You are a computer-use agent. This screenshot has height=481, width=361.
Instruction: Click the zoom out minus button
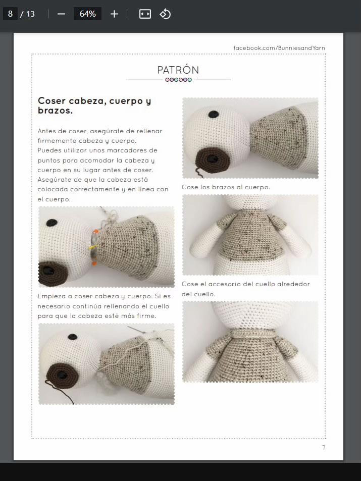click(x=62, y=14)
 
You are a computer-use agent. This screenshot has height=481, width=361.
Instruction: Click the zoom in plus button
click(x=114, y=14)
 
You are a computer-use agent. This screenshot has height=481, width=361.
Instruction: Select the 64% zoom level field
click(x=87, y=14)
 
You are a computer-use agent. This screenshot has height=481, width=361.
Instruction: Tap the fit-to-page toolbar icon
click(x=145, y=14)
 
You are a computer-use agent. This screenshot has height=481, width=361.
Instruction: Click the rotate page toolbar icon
click(x=165, y=14)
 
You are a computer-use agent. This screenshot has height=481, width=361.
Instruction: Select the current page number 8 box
click(x=10, y=14)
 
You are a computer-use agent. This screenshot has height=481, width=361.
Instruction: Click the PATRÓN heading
click(x=178, y=70)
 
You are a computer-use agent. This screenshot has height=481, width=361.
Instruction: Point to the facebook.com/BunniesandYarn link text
click(x=279, y=48)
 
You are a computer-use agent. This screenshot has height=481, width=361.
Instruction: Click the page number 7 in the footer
click(x=324, y=448)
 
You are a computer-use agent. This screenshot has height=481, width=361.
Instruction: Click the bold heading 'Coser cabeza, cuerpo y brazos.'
click(x=94, y=105)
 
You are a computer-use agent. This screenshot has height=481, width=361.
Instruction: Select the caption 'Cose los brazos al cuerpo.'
click(x=226, y=187)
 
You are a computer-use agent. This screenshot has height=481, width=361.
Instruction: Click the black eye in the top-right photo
click(x=214, y=115)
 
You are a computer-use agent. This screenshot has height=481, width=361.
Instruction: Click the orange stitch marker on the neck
click(x=95, y=231)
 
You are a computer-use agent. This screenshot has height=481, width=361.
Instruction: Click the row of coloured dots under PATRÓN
click(x=178, y=80)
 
